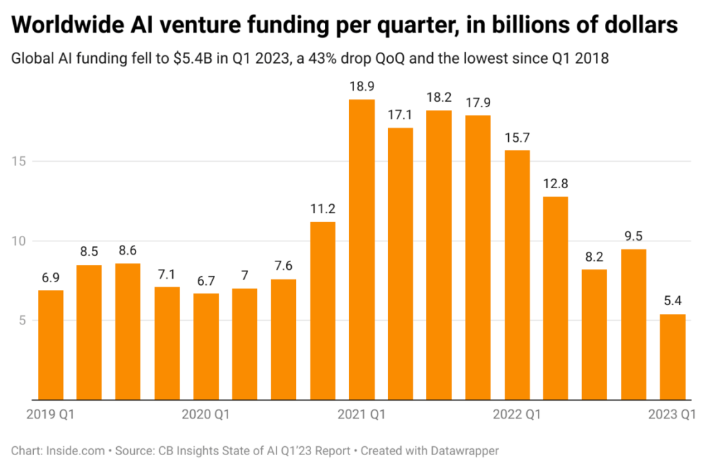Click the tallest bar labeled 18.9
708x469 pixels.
point(362,249)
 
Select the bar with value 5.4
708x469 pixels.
point(672,357)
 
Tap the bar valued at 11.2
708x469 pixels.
point(323,311)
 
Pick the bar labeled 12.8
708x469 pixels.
point(555,298)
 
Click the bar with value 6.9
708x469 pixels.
point(50,344)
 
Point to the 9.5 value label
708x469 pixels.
point(633,234)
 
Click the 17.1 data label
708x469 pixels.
point(400,113)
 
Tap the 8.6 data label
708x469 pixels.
point(128,249)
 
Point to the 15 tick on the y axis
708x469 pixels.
point(19,161)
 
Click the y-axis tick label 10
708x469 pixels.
point(19,241)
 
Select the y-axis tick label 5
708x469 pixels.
point(22,320)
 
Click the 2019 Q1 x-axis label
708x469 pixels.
point(50,415)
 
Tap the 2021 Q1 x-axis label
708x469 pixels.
point(362,415)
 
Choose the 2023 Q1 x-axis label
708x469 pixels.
point(671,415)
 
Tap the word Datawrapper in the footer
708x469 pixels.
point(466,450)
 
